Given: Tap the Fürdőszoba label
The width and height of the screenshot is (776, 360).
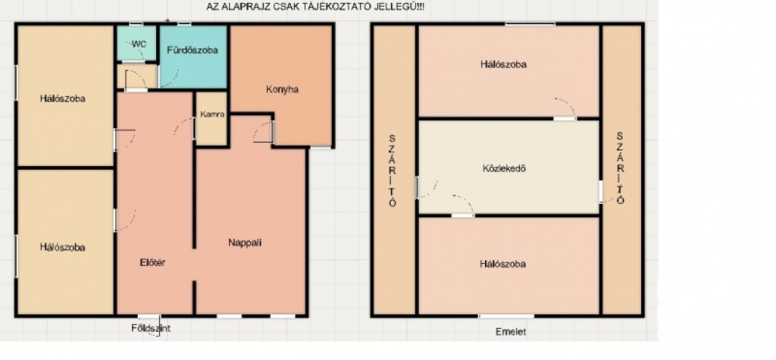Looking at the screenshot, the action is click(x=192, y=50).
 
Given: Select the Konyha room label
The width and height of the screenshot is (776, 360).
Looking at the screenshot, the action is click(x=282, y=89).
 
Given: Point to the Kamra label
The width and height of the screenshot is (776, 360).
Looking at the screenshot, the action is click(x=213, y=114).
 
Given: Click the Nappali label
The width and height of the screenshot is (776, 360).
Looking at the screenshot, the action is click(x=245, y=243).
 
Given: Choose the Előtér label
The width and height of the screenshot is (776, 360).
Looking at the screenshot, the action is click(x=152, y=263).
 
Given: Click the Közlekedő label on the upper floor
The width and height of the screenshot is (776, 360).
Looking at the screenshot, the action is click(x=504, y=168).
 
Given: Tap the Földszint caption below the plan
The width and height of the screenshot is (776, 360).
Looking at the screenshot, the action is click(x=151, y=328).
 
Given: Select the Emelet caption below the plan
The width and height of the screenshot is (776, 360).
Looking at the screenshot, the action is click(x=511, y=332).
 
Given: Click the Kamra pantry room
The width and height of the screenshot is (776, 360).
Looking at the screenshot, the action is click(x=211, y=119).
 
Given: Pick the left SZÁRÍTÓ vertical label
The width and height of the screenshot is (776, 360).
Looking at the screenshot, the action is click(x=393, y=170).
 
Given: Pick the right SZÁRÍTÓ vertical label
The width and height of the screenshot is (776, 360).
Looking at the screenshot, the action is click(x=621, y=167).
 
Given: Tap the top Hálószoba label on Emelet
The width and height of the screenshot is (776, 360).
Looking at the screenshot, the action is click(x=503, y=64).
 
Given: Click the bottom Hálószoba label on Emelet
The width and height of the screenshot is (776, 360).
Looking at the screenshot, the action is click(x=502, y=264).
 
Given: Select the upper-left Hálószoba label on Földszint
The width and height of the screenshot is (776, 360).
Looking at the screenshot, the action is click(x=63, y=99).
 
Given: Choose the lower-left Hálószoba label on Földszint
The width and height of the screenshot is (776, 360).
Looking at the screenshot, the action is click(x=63, y=247).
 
